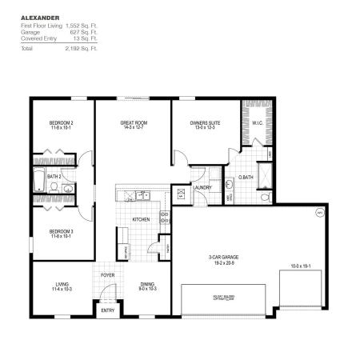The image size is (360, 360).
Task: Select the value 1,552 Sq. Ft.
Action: (81, 26)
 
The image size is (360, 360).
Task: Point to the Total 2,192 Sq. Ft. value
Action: (81, 47)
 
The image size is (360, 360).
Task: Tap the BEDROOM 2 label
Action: (62, 122)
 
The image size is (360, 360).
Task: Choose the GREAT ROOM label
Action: (133, 123)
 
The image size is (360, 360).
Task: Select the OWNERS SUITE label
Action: (205, 123)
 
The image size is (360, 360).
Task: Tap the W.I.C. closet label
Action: (258, 123)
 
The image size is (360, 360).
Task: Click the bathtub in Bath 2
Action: (38, 180)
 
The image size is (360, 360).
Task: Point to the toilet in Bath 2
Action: (53, 186)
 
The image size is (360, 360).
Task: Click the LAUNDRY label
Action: (202, 187)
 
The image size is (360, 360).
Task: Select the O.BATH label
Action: (246, 176)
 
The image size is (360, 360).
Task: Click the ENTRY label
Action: (107, 310)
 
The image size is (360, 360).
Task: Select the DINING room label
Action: (147, 285)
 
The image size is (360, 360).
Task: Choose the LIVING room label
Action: (62, 285)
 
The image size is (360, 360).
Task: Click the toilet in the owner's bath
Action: (262, 194)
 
